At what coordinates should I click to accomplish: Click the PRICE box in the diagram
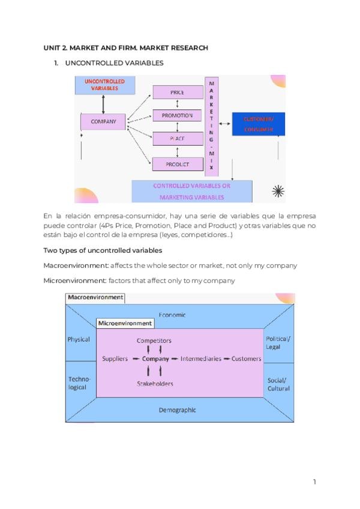tap(177, 92)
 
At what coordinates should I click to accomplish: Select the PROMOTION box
tap(177, 115)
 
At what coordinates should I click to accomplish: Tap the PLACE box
tap(177, 139)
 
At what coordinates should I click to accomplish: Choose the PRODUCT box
tap(177, 163)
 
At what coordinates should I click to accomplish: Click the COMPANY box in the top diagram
tap(103, 122)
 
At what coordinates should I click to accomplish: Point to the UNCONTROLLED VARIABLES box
tap(104, 85)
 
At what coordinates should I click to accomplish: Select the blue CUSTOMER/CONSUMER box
tap(257, 124)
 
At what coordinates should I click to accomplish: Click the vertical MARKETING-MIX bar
tap(211, 126)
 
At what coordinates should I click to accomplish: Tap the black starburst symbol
tap(278, 191)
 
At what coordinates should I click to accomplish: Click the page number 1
tap(314, 481)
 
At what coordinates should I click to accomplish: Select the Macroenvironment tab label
tap(95, 297)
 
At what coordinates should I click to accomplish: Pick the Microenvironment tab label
tap(125, 323)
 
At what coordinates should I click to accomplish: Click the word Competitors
tap(154, 340)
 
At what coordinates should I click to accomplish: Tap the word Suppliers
tap(115, 359)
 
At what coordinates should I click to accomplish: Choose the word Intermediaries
tap(201, 359)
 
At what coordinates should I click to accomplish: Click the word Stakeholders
tap(155, 384)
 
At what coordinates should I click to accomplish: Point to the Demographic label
tap(177, 410)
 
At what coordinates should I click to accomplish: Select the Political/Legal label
tap(277, 343)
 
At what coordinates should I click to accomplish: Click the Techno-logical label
tap(77, 384)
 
